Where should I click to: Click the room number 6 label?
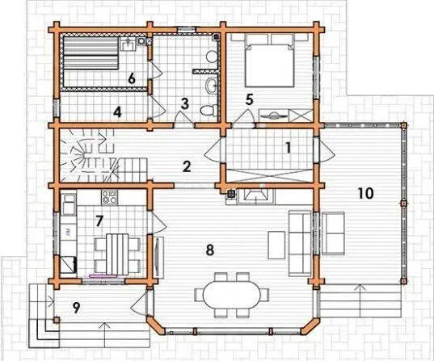[x=132, y=79]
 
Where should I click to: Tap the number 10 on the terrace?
[x=365, y=193]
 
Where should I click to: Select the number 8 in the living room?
[x=210, y=250]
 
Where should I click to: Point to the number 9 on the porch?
[x=76, y=308]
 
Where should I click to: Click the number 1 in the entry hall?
[x=289, y=148]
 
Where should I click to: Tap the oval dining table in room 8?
[x=232, y=295]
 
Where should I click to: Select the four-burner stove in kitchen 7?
[x=110, y=197]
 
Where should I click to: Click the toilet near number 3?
[x=209, y=110]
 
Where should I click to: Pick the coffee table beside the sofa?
[x=276, y=245]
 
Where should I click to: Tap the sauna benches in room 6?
[x=91, y=53]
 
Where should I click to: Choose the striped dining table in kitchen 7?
[x=118, y=254]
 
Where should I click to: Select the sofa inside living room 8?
[x=300, y=243]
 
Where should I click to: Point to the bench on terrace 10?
[x=334, y=233]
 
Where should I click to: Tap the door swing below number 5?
[x=245, y=119]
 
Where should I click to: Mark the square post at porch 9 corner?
[x=57, y=320]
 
